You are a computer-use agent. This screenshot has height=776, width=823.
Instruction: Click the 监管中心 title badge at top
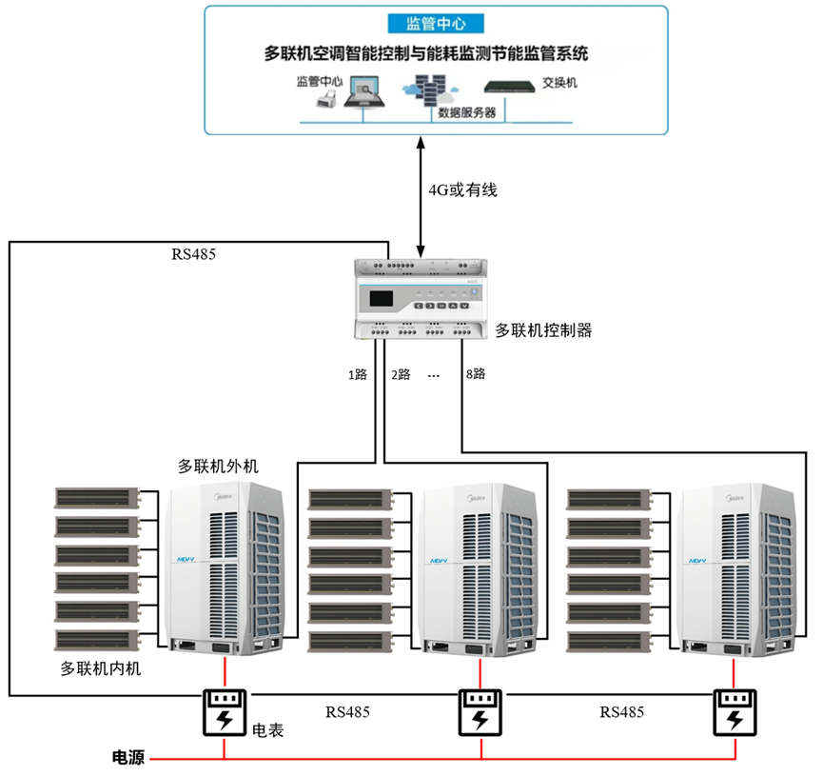pyautogui.click(x=435, y=23)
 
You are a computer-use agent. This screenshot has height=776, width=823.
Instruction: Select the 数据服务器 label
pyautogui.click(x=466, y=112)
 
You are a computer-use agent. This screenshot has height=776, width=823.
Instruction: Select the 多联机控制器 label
pyautogui.click(x=543, y=330)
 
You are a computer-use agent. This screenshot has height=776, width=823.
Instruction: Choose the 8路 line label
pyautogui.click(x=475, y=374)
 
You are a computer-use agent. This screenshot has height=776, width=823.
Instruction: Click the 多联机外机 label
pyautogui.click(x=218, y=467)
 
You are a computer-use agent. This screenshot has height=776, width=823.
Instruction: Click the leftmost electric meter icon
pyautogui.click(x=224, y=712)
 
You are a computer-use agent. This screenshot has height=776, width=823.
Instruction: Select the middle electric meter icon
pyautogui.click(x=480, y=712)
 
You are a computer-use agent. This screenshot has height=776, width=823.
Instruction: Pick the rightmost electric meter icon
pyautogui.click(x=735, y=712)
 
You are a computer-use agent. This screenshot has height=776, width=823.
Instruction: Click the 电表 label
pyautogui.click(x=268, y=731)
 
